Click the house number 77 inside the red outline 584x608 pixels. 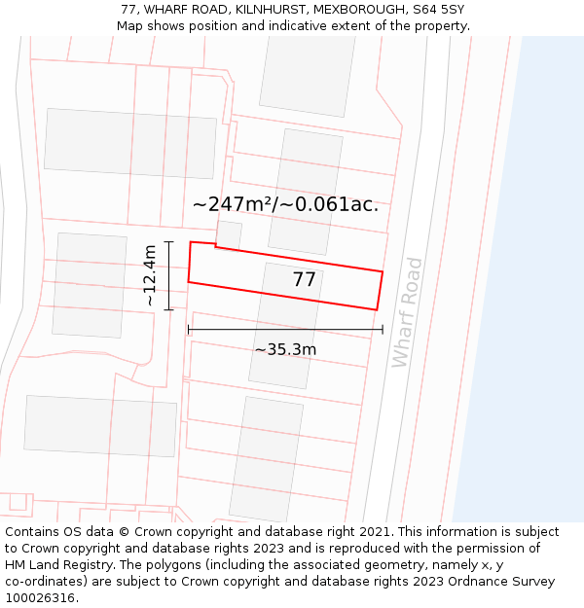305,280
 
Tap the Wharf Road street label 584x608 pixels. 407,311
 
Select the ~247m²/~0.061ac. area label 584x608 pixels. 285,205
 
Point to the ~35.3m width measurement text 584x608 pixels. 285,350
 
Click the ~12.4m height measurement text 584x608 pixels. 149,276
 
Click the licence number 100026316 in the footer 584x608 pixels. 41,598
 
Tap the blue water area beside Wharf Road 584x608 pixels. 526,292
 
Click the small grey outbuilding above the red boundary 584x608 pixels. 229,234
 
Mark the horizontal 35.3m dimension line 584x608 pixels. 285,331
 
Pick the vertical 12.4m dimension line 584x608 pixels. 169,276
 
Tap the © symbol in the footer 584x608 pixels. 125,532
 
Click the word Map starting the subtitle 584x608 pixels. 129,26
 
